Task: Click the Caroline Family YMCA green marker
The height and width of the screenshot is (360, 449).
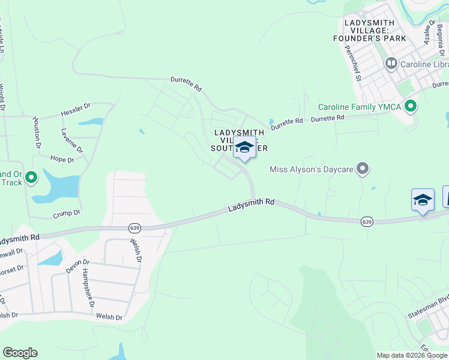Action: [411, 107]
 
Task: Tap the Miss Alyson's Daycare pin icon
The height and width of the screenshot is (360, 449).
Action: [362, 169]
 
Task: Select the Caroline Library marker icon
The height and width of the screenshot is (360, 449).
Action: [391, 63]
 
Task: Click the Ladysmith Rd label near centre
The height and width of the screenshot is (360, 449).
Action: [251, 205]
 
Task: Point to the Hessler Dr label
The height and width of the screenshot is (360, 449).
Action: [75, 110]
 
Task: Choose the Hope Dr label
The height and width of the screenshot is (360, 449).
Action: [62, 160]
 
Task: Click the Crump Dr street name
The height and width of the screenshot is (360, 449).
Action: [66, 212]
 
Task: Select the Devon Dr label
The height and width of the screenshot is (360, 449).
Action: [77, 266]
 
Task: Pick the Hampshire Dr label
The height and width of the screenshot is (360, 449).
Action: [88, 287]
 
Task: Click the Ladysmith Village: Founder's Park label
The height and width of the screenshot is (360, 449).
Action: [376, 31]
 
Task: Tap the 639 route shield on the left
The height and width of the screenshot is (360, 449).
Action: [134, 228]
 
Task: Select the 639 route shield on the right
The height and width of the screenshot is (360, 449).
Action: [366, 222]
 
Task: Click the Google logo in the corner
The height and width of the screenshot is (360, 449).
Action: [20, 353]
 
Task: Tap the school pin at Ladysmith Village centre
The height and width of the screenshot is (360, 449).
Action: [244, 148]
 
